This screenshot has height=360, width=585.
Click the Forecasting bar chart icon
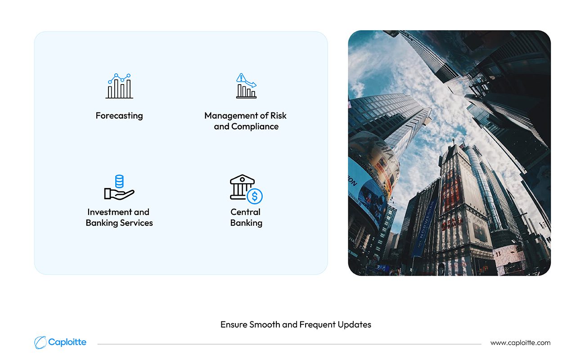click(x=119, y=86)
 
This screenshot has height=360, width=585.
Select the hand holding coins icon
click(x=119, y=187)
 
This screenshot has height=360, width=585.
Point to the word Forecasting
click(x=119, y=116)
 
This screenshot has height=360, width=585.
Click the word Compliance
click(x=255, y=127)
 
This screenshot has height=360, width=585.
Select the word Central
click(x=246, y=212)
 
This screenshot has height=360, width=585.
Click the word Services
click(x=136, y=223)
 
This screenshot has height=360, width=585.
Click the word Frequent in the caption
click(x=317, y=325)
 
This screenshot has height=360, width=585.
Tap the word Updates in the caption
click(x=355, y=325)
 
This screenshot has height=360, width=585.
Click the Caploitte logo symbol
click(x=40, y=342)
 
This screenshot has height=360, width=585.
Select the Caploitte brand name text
click(x=67, y=342)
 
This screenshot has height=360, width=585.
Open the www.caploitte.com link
click(x=520, y=343)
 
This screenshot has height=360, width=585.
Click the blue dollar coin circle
click(x=255, y=196)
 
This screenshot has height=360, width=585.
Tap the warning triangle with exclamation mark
click(x=241, y=77)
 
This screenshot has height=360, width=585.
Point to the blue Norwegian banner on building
click(x=425, y=227)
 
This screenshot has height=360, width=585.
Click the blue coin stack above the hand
click(x=119, y=181)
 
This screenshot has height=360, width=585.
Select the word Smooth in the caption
click(x=265, y=325)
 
